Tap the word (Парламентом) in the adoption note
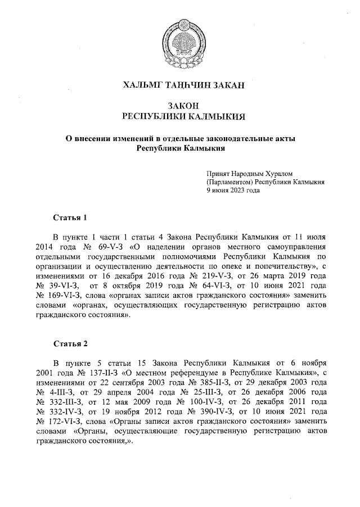click(x=229, y=182)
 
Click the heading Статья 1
click(x=70, y=216)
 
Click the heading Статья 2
click(x=70, y=343)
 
